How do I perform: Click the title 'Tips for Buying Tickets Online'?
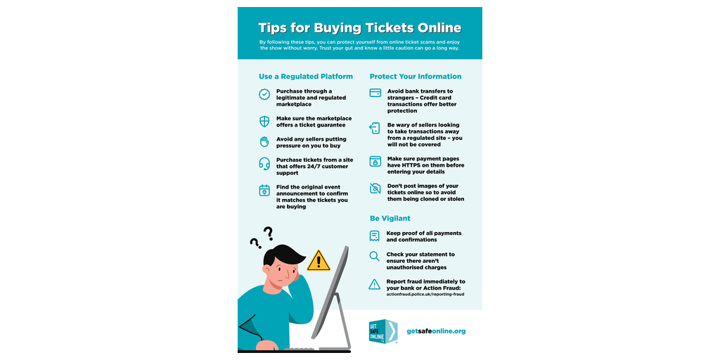click(359, 27)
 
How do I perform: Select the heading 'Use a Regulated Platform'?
click(306, 77)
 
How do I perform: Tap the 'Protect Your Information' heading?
click(416, 77)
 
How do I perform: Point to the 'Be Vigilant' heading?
click(390, 219)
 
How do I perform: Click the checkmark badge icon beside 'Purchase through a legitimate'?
click(264, 95)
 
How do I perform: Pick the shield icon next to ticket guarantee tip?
click(264, 122)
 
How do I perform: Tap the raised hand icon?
click(264, 142)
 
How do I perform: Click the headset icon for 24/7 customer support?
click(264, 164)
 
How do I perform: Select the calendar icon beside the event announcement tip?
click(264, 191)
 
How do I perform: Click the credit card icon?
click(375, 93)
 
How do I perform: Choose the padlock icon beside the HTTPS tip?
click(375, 161)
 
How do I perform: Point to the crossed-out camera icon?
click(375, 188)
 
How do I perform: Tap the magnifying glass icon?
click(375, 256)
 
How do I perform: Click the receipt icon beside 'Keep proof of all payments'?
click(375, 236)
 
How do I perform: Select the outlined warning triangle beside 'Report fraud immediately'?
click(375, 285)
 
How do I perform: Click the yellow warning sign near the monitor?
click(319, 261)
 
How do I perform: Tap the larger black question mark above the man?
click(268, 233)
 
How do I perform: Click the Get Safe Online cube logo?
click(383, 332)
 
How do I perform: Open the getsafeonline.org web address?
click(436, 331)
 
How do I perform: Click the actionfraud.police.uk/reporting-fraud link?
click(425, 293)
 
